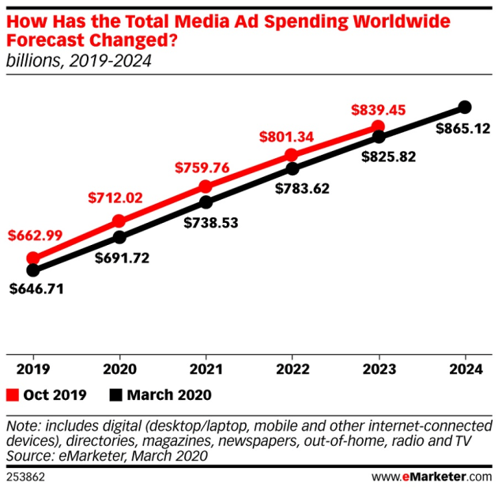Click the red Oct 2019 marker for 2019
point(33,258)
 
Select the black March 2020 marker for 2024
point(465,107)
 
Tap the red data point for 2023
point(378,126)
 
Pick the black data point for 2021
point(206,202)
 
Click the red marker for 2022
point(292,155)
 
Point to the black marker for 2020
point(119,237)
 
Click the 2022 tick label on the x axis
point(292,367)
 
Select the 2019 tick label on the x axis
point(32,367)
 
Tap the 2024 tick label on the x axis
point(465,367)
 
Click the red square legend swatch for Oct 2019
point(12,394)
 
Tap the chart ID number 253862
point(25,477)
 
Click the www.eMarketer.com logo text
point(431,477)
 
